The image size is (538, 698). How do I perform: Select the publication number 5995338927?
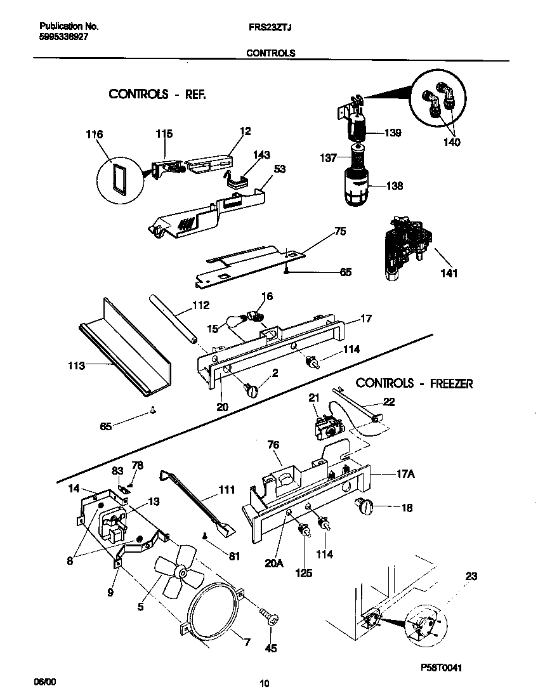pos(63,37)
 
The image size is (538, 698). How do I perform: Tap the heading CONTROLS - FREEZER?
pos(414,383)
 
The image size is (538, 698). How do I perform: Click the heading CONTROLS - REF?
pos(158,94)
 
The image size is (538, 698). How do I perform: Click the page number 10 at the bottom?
pos(265,683)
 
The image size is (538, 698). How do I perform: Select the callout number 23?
pos(471,576)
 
